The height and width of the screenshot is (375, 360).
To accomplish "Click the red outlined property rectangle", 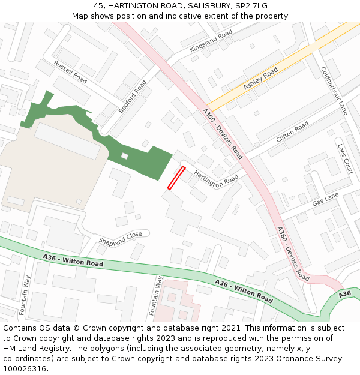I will [176, 178].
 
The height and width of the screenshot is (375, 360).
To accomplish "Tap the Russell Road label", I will [70, 72].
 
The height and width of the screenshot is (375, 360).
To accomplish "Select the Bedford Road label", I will [132, 97].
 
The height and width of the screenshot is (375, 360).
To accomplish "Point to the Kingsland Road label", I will [211, 41].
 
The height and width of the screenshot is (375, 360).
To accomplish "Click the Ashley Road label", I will [260, 79].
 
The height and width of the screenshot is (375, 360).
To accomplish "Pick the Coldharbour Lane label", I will [334, 90].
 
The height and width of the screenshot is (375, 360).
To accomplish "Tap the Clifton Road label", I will [292, 131].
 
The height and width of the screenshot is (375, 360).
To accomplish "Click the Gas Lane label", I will [325, 199].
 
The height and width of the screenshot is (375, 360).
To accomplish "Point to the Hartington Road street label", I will [216, 179].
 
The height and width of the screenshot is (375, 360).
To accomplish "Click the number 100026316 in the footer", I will [25, 369].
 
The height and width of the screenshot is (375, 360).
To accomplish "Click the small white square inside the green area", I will [124, 156].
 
